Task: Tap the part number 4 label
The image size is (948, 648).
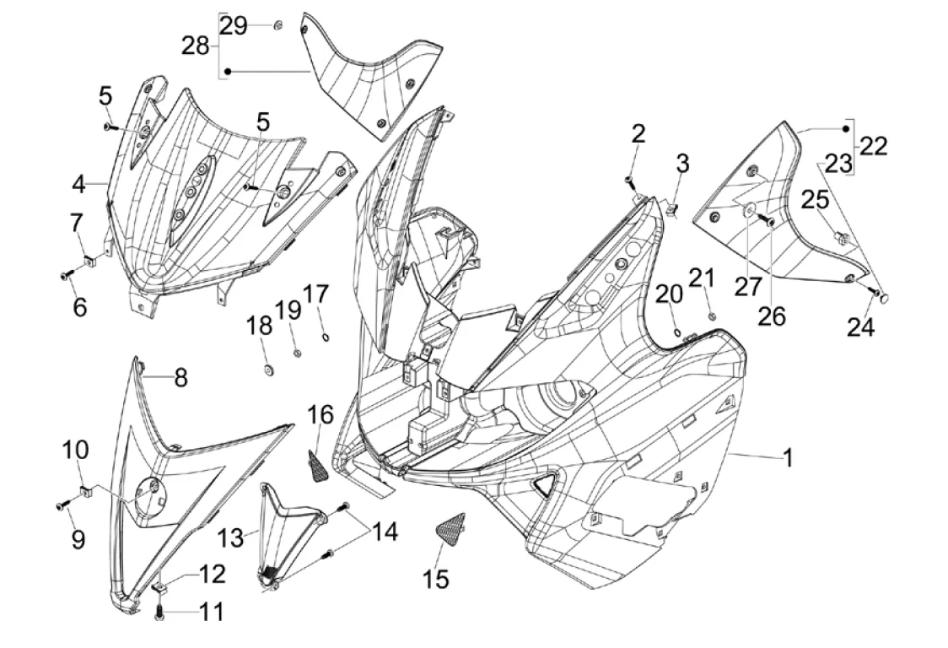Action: [x=78, y=183]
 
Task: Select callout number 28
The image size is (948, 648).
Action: [x=196, y=46]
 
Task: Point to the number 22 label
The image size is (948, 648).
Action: [x=874, y=146]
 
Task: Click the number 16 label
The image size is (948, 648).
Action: [x=320, y=414]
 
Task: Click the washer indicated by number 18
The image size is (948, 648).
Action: [x=267, y=368]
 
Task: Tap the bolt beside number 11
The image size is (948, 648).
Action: [x=159, y=616]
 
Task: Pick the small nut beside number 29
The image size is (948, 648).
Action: [x=277, y=24]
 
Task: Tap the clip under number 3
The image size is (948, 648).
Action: [x=673, y=208]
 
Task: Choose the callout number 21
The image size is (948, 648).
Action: [x=702, y=278]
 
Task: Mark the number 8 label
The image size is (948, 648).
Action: [x=180, y=378]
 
